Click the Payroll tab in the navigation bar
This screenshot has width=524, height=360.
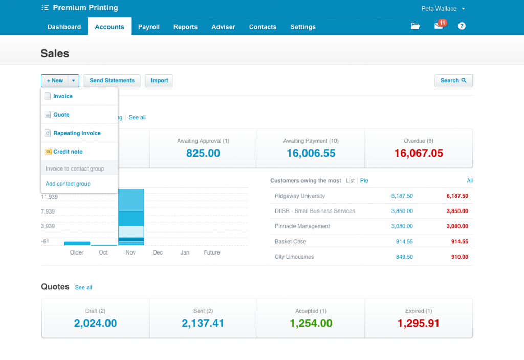point(149,27)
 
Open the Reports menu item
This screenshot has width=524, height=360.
point(185,27)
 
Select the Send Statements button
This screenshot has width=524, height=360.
point(112,80)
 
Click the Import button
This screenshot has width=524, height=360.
point(159,80)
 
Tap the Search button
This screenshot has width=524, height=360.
point(453,80)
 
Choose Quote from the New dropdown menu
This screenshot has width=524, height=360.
point(61,115)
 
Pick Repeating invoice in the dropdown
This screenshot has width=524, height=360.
point(77,133)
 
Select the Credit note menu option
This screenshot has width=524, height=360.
point(68,152)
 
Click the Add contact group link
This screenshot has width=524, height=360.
point(68,184)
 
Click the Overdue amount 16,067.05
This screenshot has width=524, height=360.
point(419,153)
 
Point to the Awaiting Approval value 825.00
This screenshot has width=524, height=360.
point(203,153)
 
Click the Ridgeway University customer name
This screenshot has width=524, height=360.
point(300,196)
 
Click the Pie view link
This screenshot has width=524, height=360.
point(364,181)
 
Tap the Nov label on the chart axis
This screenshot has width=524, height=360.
point(130,252)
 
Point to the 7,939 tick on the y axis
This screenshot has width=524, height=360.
point(48,211)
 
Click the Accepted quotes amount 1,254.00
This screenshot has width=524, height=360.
point(311,323)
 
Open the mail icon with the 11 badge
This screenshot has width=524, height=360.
point(439,26)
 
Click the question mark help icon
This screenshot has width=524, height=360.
point(462,26)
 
